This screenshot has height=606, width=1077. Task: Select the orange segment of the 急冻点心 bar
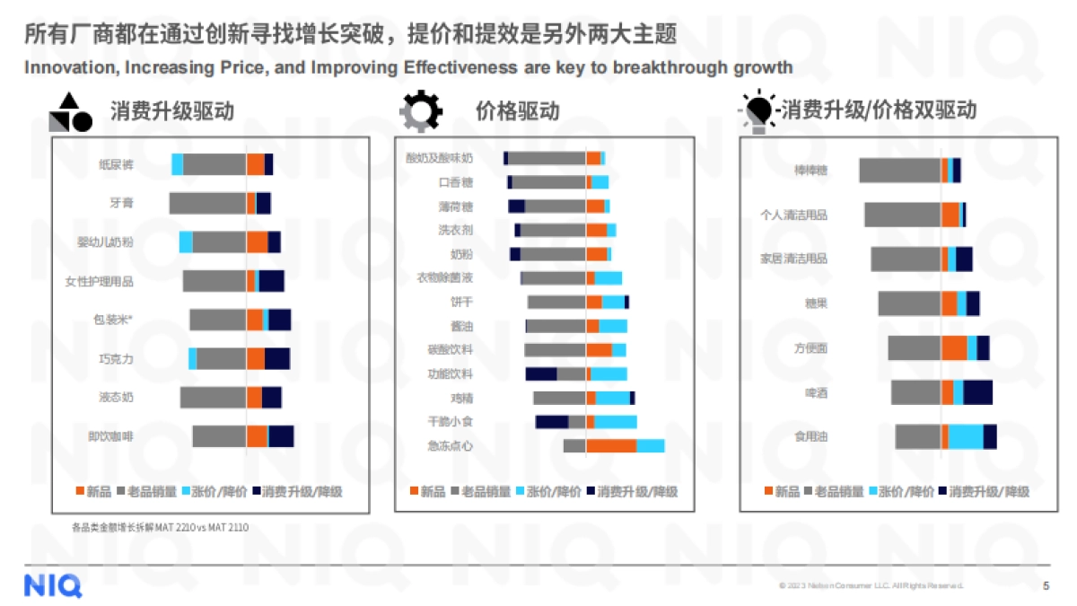click(x=611, y=445)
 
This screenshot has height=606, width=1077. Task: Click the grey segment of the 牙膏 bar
click(x=207, y=203)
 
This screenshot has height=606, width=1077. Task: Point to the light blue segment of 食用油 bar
click(x=966, y=436)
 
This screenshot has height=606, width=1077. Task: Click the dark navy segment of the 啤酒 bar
click(x=977, y=392)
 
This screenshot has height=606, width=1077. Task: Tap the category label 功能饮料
click(x=450, y=373)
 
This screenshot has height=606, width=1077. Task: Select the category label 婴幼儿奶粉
click(x=105, y=242)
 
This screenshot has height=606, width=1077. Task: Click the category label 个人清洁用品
click(x=794, y=215)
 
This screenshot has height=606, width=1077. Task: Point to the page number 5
click(x=1046, y=586)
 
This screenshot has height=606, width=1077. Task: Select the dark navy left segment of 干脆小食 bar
click(x=552, y=421)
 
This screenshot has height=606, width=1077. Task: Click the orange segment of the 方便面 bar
click(x=954, y=348)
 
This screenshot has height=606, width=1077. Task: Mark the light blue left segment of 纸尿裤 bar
click(x=178, y=164)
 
